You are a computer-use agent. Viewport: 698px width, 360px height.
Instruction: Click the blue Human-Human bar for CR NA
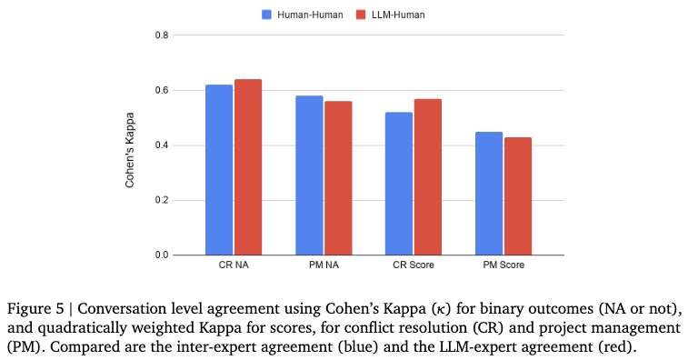(x=219, y=170)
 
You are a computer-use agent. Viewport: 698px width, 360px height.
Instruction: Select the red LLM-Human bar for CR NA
(x=248, y=167)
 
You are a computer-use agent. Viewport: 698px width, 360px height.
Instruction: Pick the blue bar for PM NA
(x=309, y=175)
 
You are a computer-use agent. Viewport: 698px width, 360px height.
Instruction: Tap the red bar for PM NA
(x=338, y=178)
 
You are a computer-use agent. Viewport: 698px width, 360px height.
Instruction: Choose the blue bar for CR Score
(x=399, y=184)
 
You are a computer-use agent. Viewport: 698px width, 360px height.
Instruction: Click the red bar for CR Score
(x=428, y=177)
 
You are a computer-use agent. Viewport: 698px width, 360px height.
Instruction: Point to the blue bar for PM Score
(x=489, y=194)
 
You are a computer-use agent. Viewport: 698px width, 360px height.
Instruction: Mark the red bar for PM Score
(x=518, y=196)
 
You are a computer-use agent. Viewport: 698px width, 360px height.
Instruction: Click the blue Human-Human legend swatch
(x=266, y=15)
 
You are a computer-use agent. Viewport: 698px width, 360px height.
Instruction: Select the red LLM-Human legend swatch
(x=361, y=15)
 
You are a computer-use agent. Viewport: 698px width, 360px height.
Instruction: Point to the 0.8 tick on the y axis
(x=162, y=35)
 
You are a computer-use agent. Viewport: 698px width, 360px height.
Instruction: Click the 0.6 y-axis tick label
(x=162, y=90)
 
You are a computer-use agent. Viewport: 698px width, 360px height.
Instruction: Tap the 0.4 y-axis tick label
(x=162, y=145)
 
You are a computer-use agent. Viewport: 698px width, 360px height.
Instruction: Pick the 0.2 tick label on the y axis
(x=162, y=201)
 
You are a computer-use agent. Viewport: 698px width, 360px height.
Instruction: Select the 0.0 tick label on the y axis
(x=162, y=255)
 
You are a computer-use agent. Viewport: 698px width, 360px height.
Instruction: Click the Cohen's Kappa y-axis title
(x=130, y=150)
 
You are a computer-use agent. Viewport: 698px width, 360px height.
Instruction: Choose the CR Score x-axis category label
(x=414, y=265)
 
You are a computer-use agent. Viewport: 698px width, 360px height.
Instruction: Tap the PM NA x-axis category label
(x=324, y=265)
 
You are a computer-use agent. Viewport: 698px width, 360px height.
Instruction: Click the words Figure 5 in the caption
(x=35, y=309)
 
